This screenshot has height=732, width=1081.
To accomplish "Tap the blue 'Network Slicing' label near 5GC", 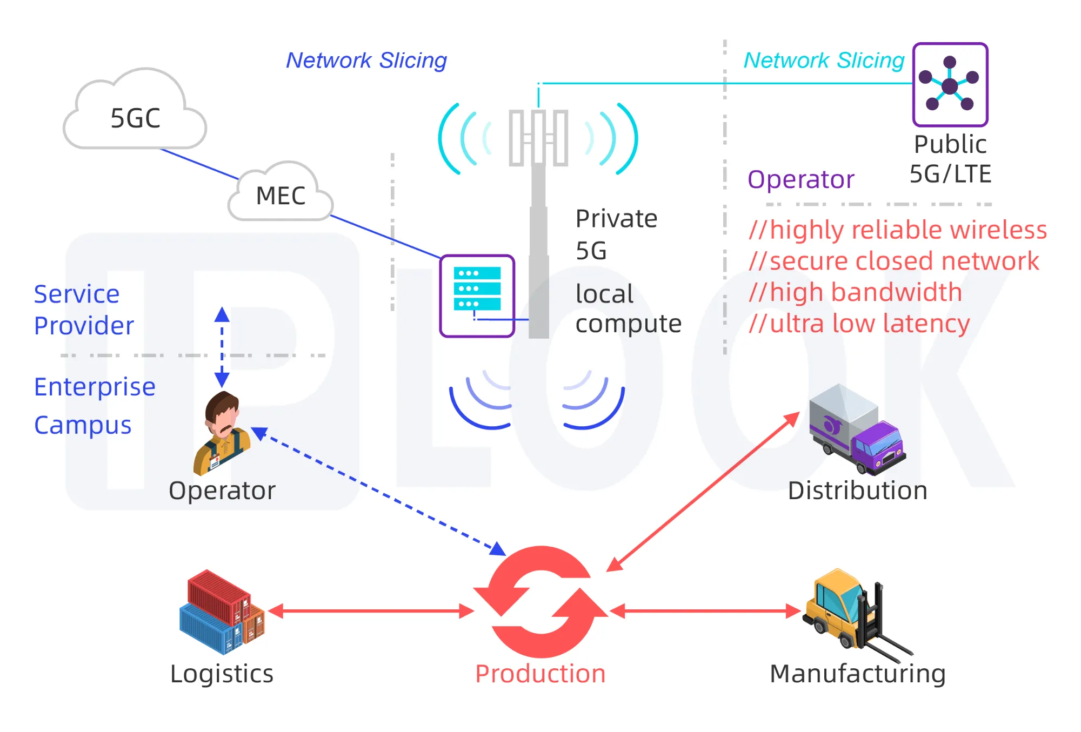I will pyautogui.click(x=366, y=61).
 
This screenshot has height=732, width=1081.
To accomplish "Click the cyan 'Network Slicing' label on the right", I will pyautogui.click(x=824, y=61).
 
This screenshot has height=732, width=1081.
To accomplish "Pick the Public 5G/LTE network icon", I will pyautogui.click(x=950, y=84).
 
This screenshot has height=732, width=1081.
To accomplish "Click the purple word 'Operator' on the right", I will pyautogui.click(x=800, y=179).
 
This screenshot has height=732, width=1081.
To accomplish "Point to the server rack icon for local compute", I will pyautogui.click(x=477, y=296).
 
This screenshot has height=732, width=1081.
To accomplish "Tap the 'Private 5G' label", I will pyautogui.click(x=616, y=234).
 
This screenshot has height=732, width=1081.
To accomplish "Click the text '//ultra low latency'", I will pyautogui.click(x=859, y=324).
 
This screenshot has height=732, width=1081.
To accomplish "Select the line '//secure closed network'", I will pyautogui.click(x=893, y=261).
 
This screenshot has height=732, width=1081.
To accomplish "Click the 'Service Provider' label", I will pyautogui.click(x=84, y=310).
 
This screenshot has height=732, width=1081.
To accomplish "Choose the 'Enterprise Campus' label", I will pyautogui.click(x=95, y=405).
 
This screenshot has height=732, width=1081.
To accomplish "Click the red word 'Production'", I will pyautogui.click(x=540, y=674).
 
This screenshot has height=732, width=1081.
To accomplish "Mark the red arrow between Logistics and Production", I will pyautogui.click(x=371, y=611).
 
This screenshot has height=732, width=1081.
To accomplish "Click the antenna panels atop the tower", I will pyautogui.click(x=538, y=138).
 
